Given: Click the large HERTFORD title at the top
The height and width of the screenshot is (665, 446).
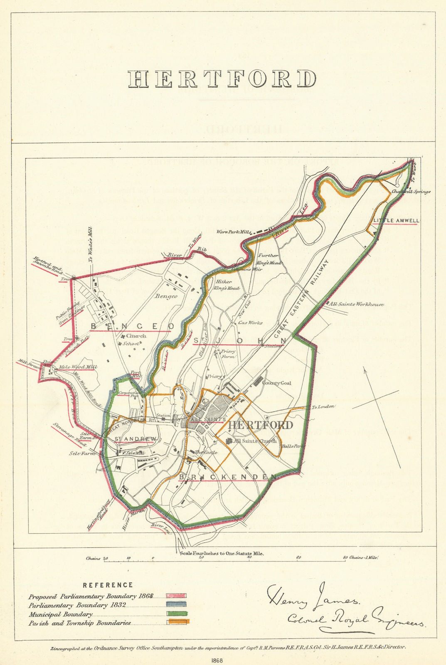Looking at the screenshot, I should [222, 79].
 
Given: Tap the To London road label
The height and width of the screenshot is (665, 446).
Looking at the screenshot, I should [323, 407].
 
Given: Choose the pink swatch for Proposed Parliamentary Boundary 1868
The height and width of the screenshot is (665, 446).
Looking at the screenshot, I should [177, 596].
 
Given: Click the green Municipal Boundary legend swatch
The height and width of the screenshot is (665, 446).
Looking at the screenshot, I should [177, 614].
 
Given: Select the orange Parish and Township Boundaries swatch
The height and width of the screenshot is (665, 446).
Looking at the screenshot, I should [178, 622].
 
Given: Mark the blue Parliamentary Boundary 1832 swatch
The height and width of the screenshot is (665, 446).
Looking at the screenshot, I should [177, 605].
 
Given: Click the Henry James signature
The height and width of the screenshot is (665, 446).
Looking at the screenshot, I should [313, 597].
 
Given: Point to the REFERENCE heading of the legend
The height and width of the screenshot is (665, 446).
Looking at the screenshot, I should [108, 585].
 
